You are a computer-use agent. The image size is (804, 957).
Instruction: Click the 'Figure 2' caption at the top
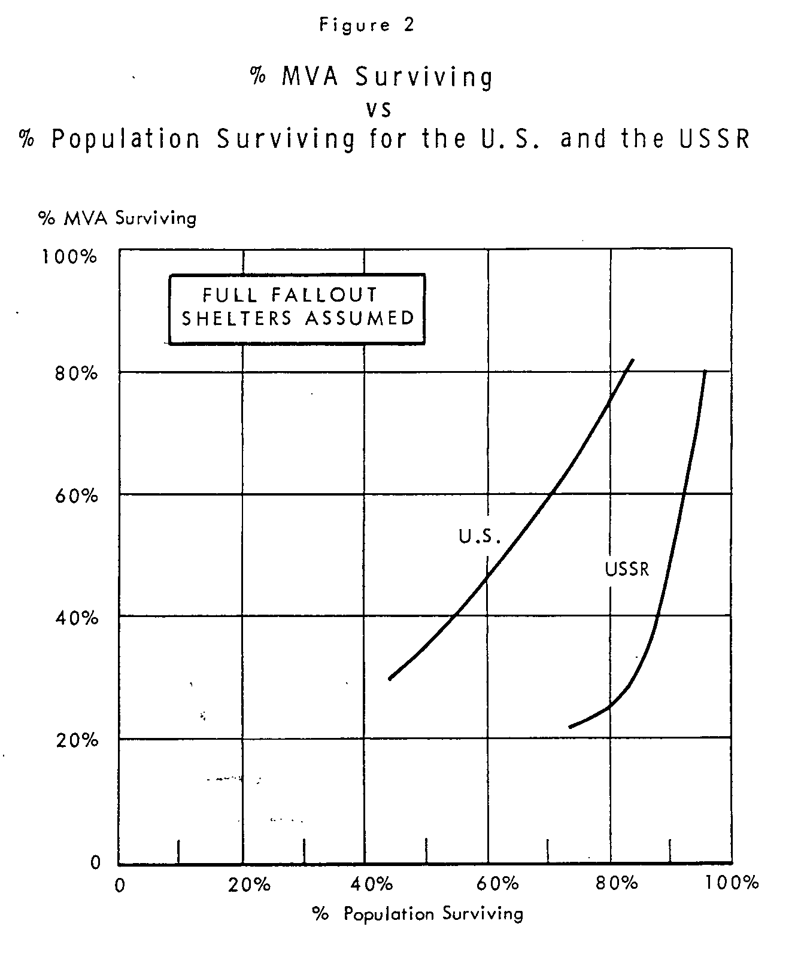(x=366, y=26)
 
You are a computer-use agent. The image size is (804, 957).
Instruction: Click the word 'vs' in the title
(x=378, y=109)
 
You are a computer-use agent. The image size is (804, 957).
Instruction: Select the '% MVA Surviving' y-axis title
(x=117, y=218)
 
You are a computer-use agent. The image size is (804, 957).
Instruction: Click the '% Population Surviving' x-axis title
(x=417, y=914)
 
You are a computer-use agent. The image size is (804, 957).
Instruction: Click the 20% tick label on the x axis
(x=250, y=884)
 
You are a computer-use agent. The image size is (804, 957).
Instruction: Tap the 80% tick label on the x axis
(x=617, y=884)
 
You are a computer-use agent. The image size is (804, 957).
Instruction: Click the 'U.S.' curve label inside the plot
(x=480, y=536)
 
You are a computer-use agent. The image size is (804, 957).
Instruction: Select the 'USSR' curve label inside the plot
(x=627, y=569)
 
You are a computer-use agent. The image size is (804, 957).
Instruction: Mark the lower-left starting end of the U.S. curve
(x=390, y=679)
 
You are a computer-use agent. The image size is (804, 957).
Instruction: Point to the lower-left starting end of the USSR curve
(x=570, y=727)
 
